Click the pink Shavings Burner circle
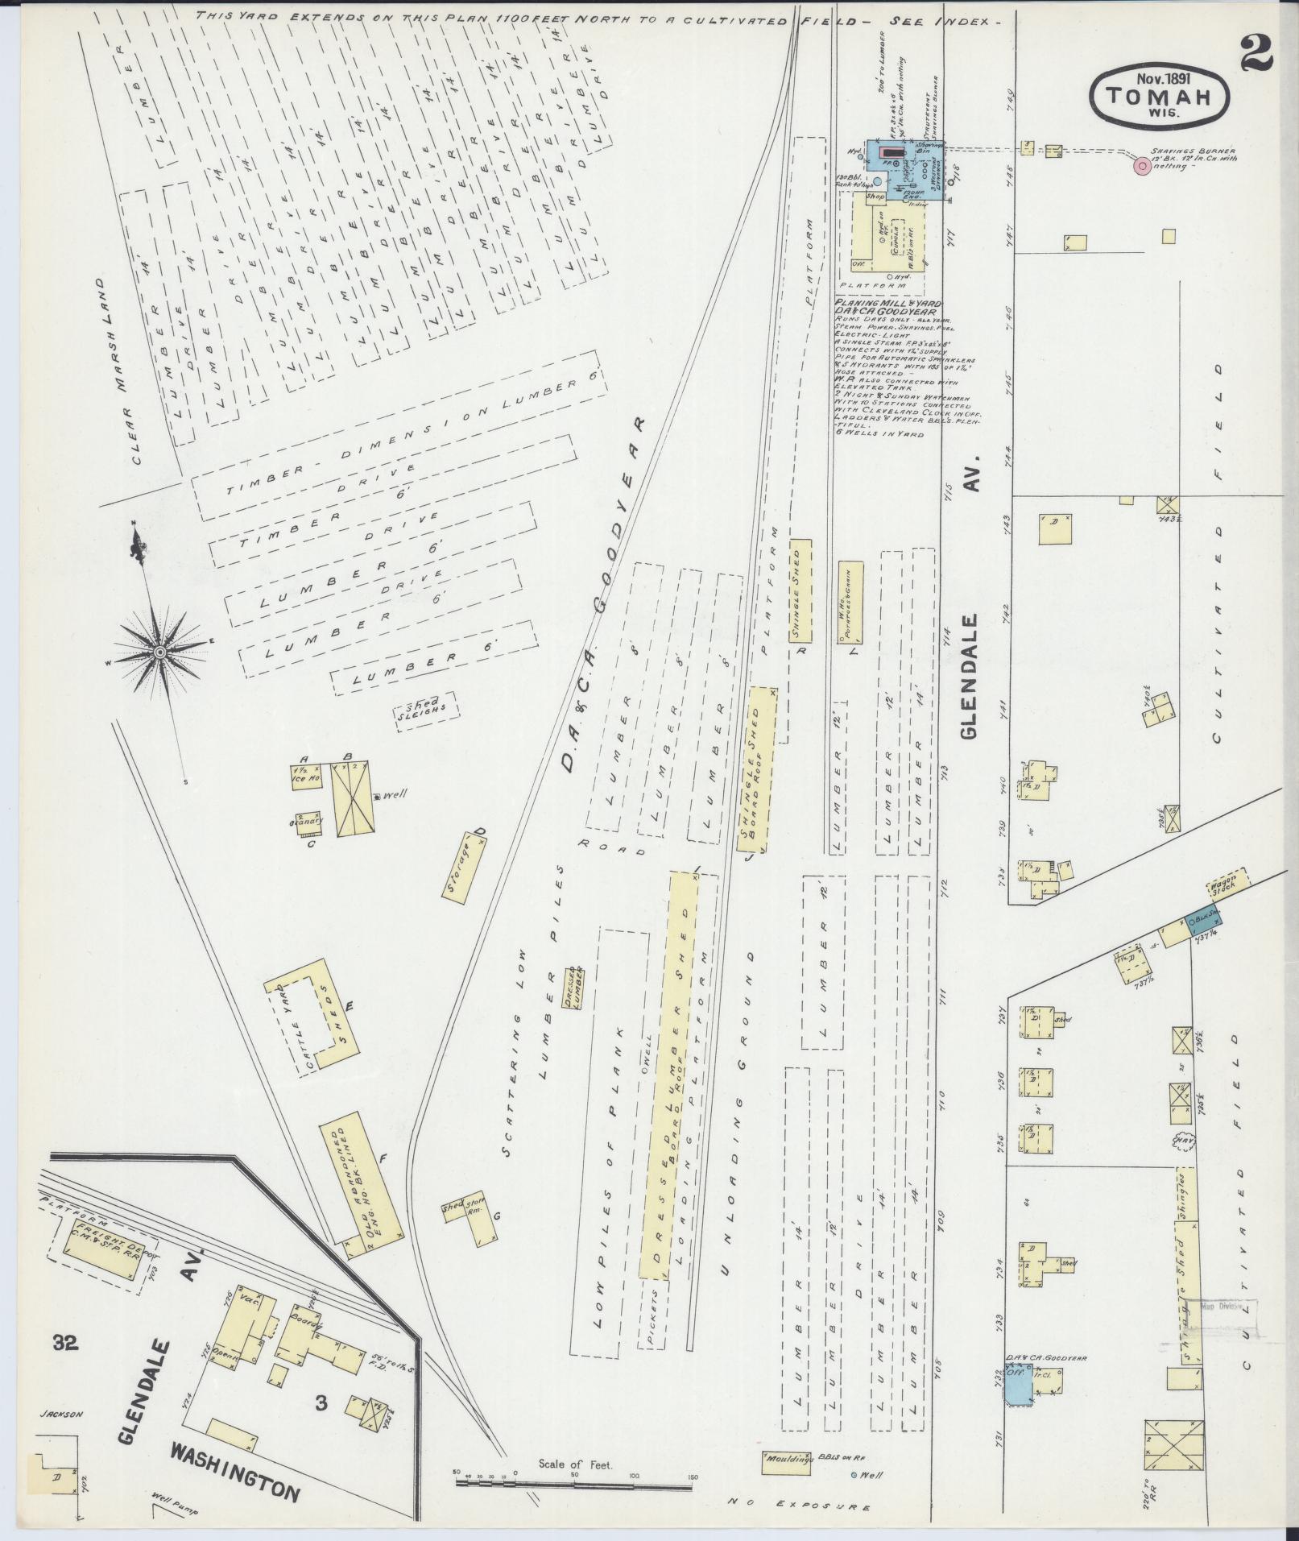(1141, 167)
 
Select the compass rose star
(160, 651)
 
